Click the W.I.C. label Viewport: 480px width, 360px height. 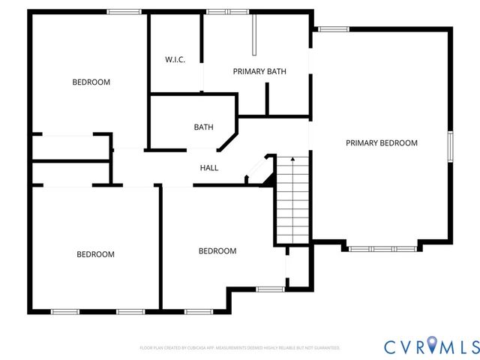click(175, 60)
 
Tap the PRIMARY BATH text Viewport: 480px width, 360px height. click(259, 72)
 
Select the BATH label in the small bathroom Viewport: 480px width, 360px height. click(203, 127)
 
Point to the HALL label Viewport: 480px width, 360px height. click(209, 168)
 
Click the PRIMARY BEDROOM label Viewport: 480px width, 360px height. click(381, 142)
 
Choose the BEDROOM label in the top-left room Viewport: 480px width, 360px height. click(91, 82)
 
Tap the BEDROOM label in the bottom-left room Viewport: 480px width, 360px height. click(95, 254)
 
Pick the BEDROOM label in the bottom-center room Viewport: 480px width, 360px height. click(217, 251)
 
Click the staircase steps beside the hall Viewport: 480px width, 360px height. click(292, 202)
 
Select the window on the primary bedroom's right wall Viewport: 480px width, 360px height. click(450, 146)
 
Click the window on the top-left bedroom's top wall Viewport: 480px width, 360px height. click(124, 11)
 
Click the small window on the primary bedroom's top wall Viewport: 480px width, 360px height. click(333, 29)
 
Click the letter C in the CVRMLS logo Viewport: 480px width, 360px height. click(391, 346)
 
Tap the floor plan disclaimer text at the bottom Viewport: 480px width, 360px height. click(240, 348)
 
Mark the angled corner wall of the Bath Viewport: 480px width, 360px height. click(228, 141)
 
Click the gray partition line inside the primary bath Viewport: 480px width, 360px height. click(254, 34)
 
